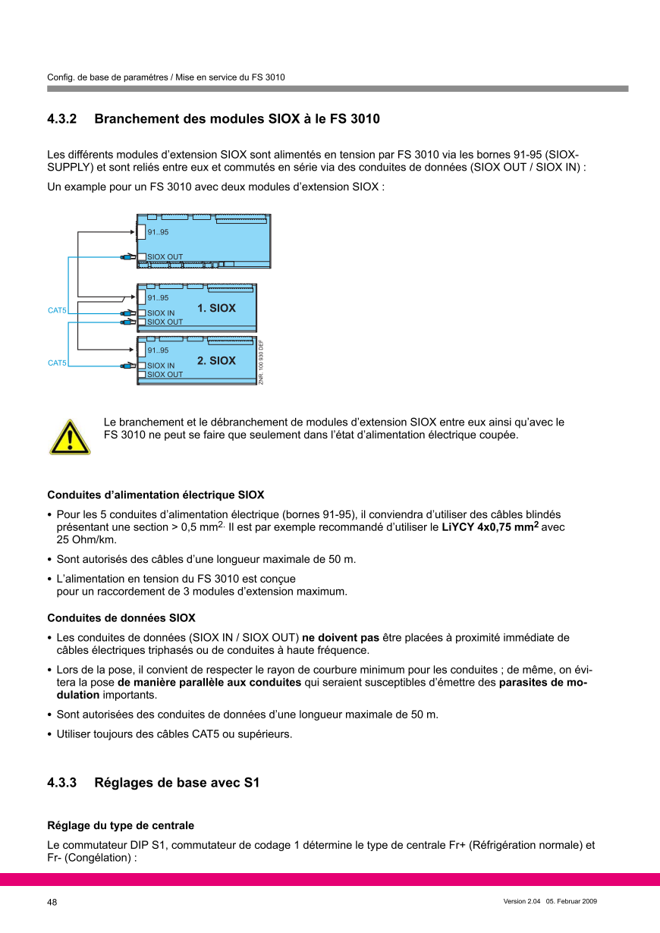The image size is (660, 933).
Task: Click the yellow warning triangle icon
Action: [70, 438]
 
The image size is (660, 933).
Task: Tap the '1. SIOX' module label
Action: [216, 309]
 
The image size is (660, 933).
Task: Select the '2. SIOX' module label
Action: [216, 361]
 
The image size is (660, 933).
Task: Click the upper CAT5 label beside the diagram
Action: [57, 310]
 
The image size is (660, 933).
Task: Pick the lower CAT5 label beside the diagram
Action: [57, 363]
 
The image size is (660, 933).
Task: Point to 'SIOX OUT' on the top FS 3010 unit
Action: [165, 257]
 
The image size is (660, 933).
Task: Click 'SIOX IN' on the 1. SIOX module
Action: [161, 313]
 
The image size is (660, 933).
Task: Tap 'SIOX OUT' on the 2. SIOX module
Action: [165, 375]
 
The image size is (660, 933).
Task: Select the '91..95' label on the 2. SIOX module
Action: [158, 350]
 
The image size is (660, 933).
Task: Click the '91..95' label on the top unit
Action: [158, 232]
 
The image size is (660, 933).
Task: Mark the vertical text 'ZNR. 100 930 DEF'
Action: [261, 362]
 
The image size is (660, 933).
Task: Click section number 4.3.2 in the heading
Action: [62, 120]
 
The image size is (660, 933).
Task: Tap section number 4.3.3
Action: [62, 783]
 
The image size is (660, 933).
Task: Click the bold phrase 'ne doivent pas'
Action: [341, 638]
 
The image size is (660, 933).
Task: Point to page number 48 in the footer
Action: [52, 902]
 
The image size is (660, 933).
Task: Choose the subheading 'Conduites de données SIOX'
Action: [121, 618]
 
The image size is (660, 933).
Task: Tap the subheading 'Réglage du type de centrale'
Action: [121, 825]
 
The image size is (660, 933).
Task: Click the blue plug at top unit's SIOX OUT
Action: [125, 257]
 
